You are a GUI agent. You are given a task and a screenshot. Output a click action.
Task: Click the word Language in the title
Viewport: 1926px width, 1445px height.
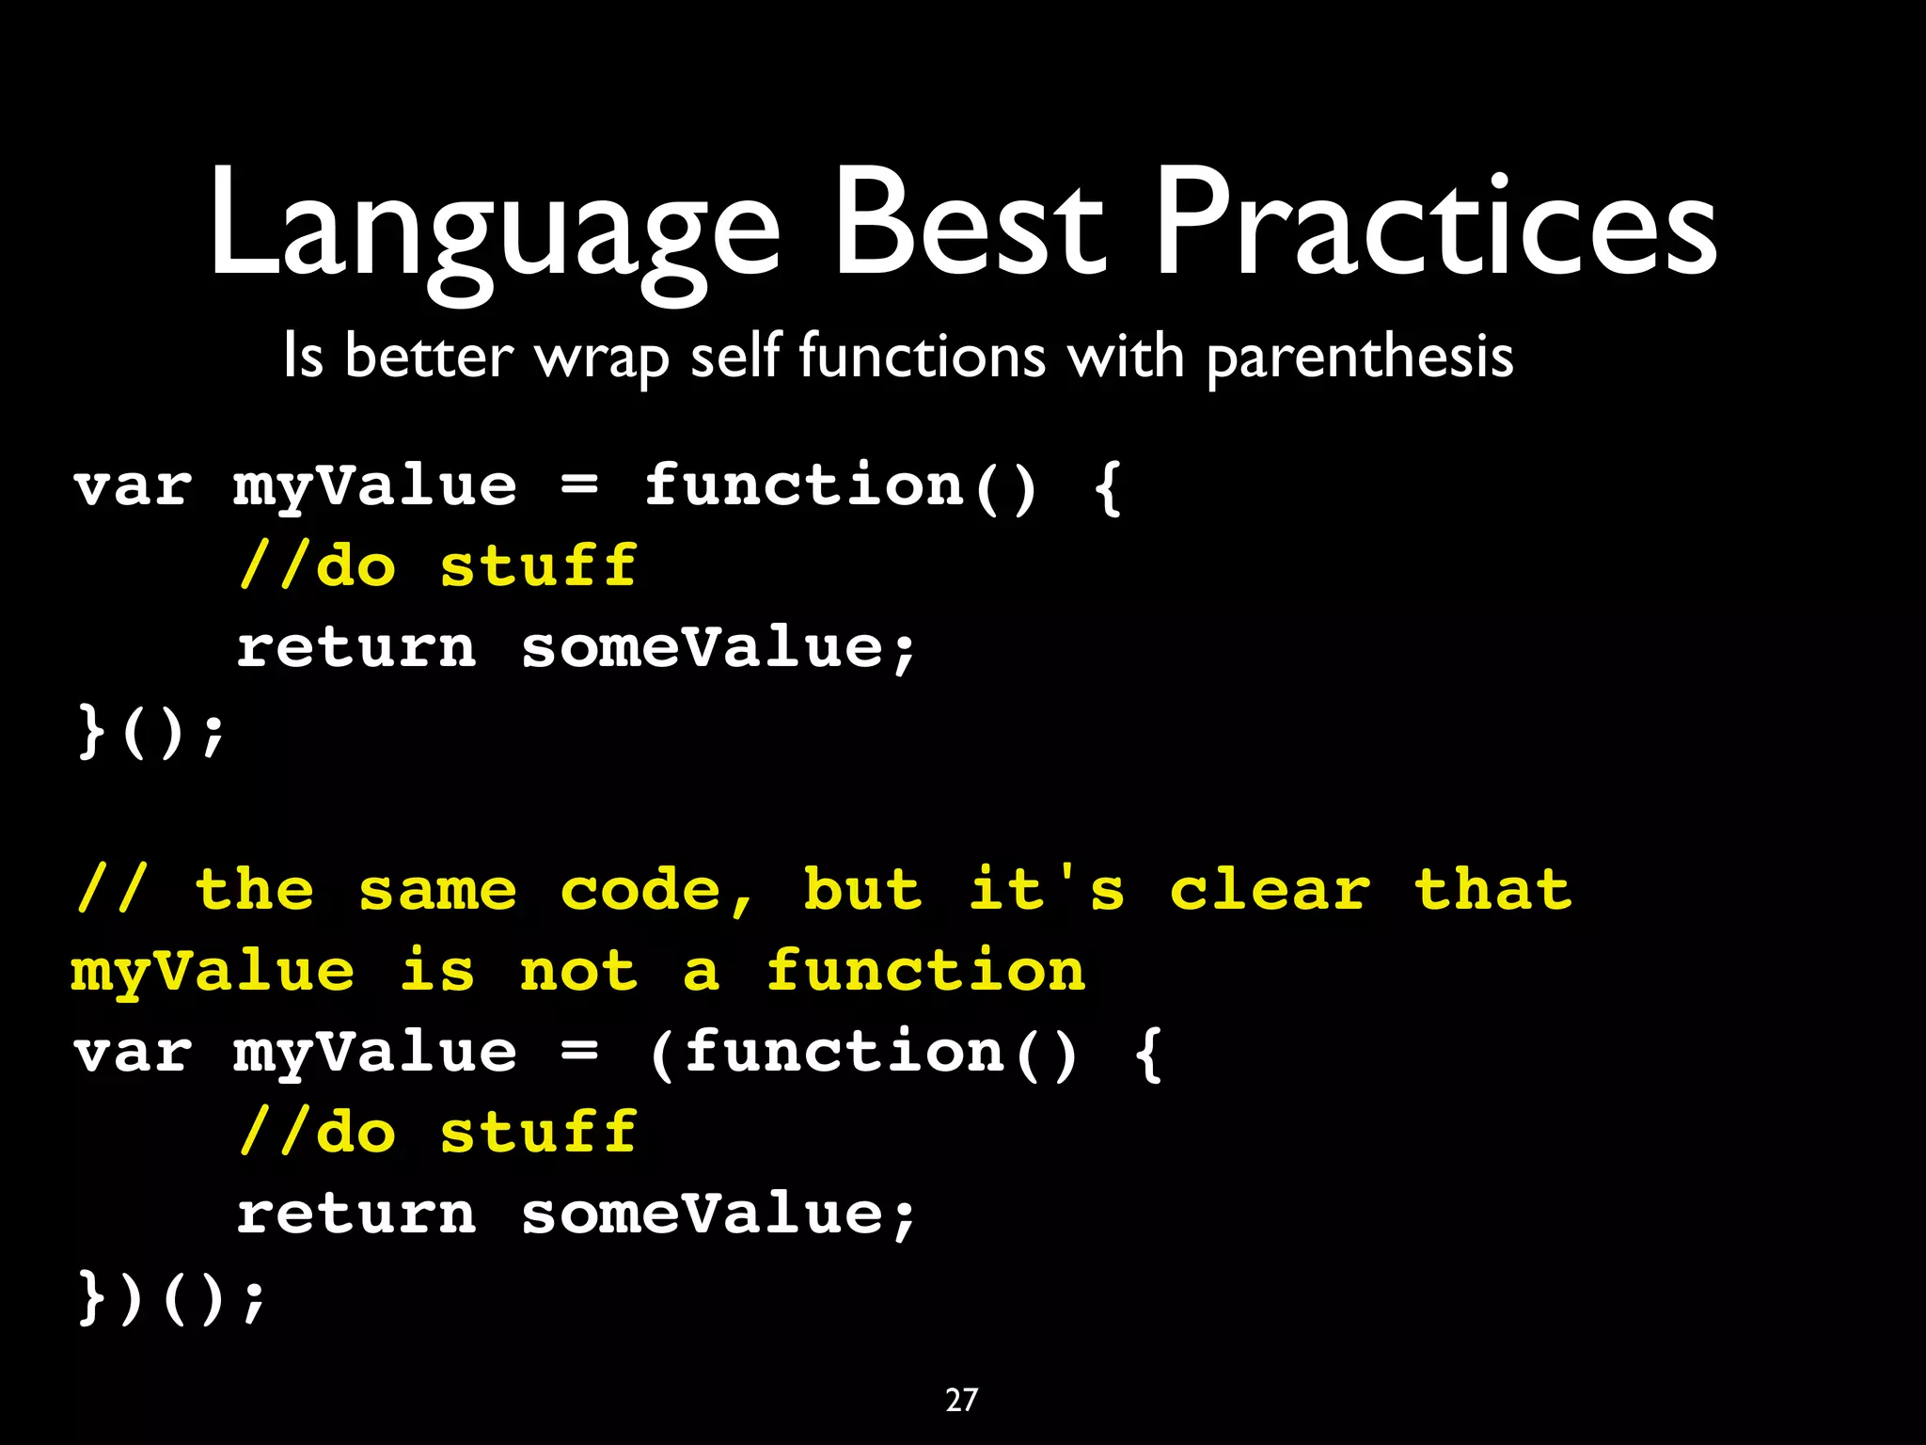coord(494,226)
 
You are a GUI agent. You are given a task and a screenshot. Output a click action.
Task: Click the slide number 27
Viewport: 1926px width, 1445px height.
coord(961,1400)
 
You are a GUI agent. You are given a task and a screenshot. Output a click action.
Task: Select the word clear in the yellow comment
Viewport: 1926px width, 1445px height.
coord(1270,890)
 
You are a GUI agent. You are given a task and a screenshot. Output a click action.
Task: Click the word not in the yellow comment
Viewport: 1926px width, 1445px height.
coord(577,971)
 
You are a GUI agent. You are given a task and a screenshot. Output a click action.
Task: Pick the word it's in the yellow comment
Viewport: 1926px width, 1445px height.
coord(1047,890)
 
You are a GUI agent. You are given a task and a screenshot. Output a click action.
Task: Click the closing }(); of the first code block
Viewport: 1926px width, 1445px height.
coord(150,732)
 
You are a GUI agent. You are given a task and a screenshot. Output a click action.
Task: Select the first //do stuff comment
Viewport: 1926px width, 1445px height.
coord(438,567)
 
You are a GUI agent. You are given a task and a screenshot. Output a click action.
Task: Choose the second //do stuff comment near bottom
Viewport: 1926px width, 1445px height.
coord(438,1132)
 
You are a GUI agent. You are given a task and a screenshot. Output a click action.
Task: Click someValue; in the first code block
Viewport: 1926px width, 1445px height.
coord(718,649)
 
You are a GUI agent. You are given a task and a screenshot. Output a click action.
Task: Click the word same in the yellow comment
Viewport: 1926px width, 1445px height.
coord(437,892)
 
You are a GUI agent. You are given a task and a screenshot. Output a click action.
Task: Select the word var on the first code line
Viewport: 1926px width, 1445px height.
coord(133,487)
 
